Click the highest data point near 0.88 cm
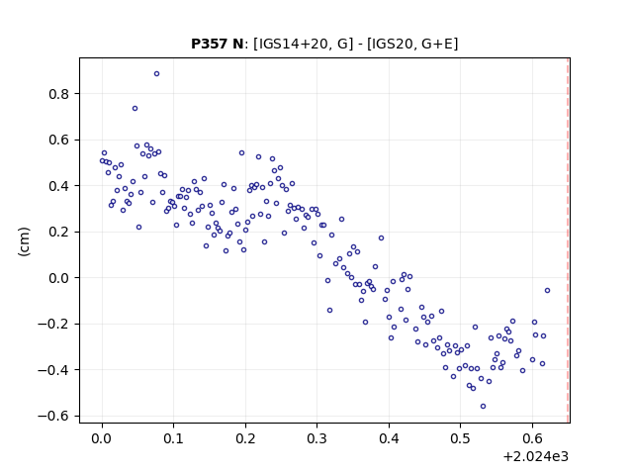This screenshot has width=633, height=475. tap(156, 73)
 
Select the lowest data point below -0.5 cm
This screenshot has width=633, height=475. tap(483, 407)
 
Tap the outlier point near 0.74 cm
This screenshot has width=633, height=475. tap(135, 108)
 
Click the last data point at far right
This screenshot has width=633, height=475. tap(547, 290)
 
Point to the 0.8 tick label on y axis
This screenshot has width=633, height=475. tap(59, 94)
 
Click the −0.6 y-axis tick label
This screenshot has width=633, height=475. tap(53, 416)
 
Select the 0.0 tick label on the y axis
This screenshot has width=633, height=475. tap(59, 278)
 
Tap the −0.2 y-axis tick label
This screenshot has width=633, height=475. tap(53, 325)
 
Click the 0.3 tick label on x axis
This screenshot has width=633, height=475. tap(316, 438)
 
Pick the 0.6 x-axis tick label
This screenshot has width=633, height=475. tap(532, 438)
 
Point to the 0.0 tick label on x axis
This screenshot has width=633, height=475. tap(102, 438)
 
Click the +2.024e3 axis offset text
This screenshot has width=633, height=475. tap(536, 456)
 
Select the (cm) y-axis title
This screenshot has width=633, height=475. tap(24, 241)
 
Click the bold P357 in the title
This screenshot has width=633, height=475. tap(210, 44)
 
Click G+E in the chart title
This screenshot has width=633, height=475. tap(437, 44)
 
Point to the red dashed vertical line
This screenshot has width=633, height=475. tap(568, 240)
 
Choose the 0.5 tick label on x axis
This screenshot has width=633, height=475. tap(460, 438)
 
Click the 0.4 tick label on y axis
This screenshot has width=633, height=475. tap(59, 186)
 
